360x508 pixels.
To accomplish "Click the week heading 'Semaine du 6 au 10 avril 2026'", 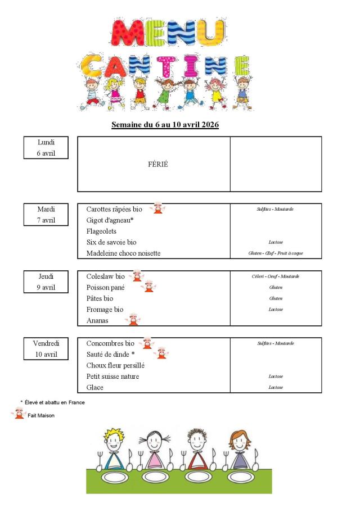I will (165, 124).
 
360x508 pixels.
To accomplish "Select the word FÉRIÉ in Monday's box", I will (158, 165).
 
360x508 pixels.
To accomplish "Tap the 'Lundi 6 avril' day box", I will (46, 147).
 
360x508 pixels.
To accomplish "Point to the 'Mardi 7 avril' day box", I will (46, 215).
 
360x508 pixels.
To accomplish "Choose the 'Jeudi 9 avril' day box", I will (46, 282).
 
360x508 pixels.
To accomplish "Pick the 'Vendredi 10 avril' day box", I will (46, 349).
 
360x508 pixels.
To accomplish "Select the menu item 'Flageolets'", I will (101, 231).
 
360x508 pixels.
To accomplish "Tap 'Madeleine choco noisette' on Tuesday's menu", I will (123, 253).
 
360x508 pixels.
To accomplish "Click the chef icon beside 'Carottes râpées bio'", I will (159, 208).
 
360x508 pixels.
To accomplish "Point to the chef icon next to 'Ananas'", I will (133, 320).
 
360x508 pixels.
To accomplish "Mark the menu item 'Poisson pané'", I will (105, 287).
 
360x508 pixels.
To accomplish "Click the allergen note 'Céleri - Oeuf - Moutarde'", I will (276, 276).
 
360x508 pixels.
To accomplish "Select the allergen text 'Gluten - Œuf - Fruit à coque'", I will (276, 253).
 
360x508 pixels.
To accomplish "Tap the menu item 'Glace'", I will (95, 388).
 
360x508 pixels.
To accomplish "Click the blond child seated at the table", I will (114, 450).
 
